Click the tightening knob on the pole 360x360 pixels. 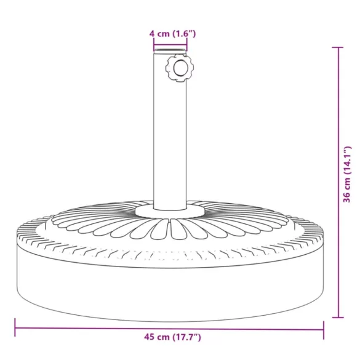(x=179, y=68)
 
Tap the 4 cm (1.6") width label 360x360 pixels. (x=172, y=33)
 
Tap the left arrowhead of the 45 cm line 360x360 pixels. (x=17, y=327)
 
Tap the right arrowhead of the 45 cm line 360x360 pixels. (x=322, y=327)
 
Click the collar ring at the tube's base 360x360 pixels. (x=170, y=212)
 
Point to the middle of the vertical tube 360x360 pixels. (x=170, y=135)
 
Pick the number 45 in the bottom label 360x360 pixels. (x=149, y=337)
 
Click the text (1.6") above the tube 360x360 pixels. (x=184, y=33)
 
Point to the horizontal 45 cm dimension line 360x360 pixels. (x=92, y=327)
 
